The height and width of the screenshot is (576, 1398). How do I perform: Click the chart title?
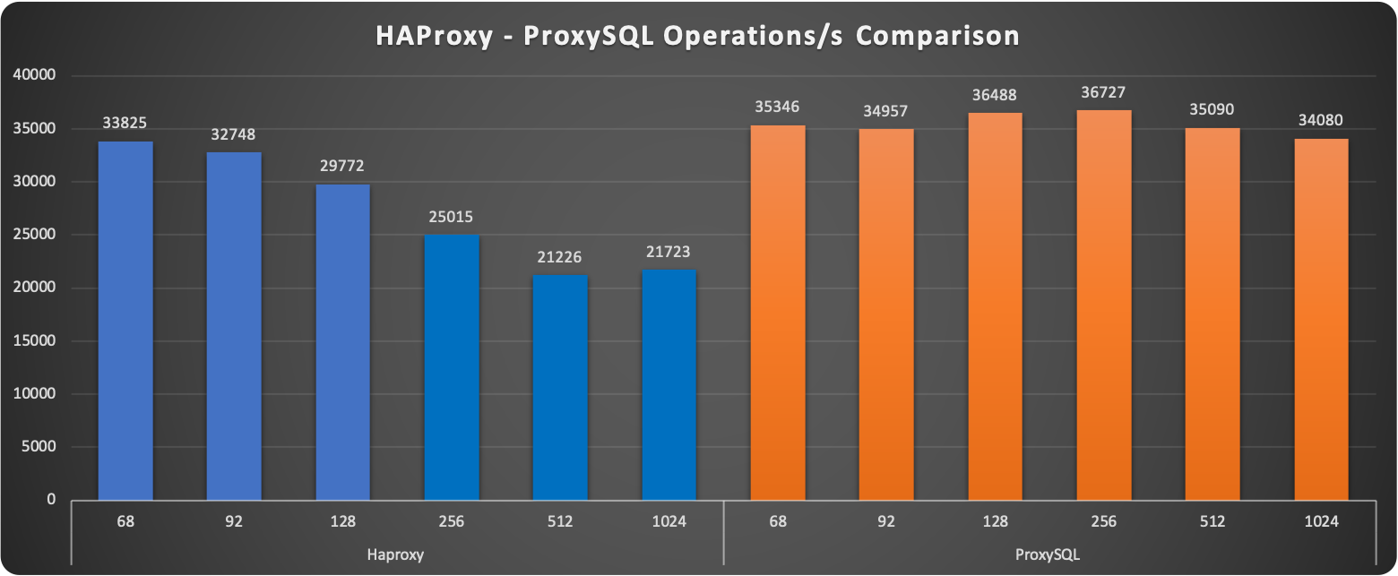[x=697, y=36]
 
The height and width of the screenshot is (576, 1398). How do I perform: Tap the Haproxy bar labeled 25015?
[x=452, y=366]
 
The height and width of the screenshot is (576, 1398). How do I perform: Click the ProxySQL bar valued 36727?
[x=1104, y=305]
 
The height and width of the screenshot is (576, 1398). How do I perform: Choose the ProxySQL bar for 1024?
[x=1321, y=319]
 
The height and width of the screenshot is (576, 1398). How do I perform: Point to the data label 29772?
[x=342, y=166]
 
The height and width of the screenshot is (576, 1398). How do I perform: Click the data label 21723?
[x=669, y=252]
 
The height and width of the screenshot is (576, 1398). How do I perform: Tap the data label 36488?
[x=996, y=94]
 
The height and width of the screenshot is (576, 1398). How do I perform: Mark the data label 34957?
[x=886, y=110]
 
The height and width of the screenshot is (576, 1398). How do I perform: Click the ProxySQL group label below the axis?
[x=1048, y=555]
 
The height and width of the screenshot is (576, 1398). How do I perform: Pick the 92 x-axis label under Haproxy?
[x=234, y=521]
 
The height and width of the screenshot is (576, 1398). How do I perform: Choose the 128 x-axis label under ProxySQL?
[x=995, y=521]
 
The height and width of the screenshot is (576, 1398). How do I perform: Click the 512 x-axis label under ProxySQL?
[x=1212, y=521]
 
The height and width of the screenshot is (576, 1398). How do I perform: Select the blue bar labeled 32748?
[x=234, y=326]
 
